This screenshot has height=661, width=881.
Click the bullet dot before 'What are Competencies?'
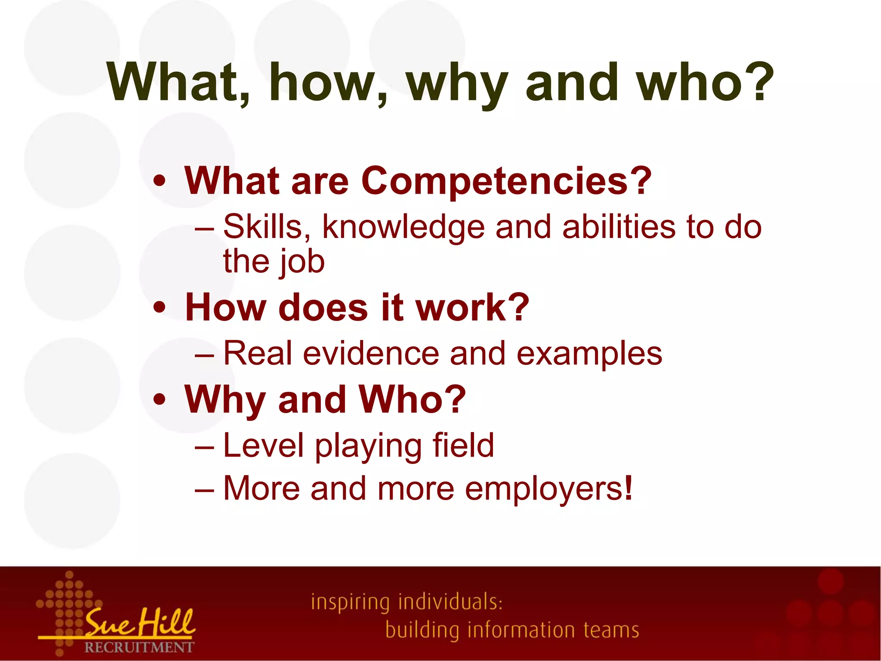159,181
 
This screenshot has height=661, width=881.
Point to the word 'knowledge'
404,227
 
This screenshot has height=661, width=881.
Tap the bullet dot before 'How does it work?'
159,308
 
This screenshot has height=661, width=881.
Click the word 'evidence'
371,353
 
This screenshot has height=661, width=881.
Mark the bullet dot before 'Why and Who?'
159,399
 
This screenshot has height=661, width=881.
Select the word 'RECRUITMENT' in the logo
139,647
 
